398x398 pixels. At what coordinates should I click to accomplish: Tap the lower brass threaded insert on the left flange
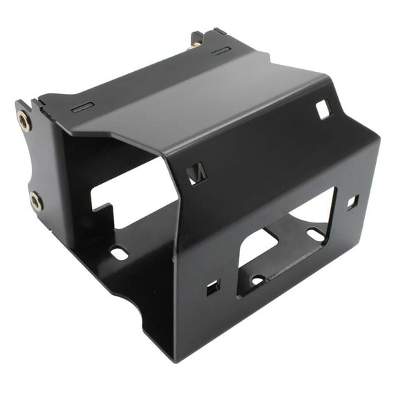[x=35, y=201]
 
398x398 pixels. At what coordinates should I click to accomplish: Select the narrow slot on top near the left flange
[x=83, y=107]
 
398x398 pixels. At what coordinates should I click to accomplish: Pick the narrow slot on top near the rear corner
[x=221, y=51]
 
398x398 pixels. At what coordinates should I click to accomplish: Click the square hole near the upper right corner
[x=323, y=108]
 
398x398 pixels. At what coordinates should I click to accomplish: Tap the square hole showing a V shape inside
[x=196, y=173]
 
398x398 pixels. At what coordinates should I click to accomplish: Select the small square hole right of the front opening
[x=352, y=202]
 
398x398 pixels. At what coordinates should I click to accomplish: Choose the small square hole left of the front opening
[x=213, y=287]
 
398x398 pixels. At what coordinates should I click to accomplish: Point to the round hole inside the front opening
[x=257, y=280]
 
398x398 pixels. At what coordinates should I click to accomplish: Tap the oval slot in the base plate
[x=119, y=253]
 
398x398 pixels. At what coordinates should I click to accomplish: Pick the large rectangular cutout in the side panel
[x=131, y=187]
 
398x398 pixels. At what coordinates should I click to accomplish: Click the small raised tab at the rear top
[x=219, y=31]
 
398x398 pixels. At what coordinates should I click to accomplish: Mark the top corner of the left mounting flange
[x=19, y=102]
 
